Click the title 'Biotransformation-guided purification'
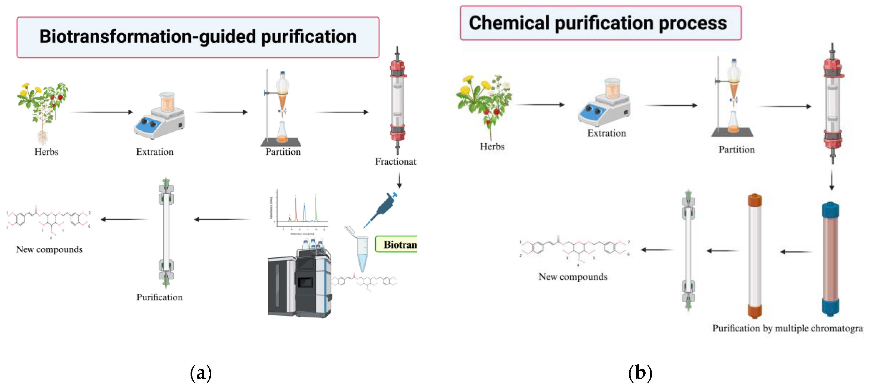click(x=198, y=37)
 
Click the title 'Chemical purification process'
click(x=598, y=23)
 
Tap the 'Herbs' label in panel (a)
click(x=46, y=152)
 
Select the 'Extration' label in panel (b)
click(x=606, y=133)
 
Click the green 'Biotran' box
click(x=397, y=244)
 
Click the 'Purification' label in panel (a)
click(x=159, y=297)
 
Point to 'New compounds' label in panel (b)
click(x=573, y=277)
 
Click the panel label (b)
click(x=640, y=373)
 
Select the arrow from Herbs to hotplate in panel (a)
click(x=102, y=112)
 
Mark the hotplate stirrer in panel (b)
click(x=605, y=105)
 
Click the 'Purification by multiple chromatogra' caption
click(x=787, y=328)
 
